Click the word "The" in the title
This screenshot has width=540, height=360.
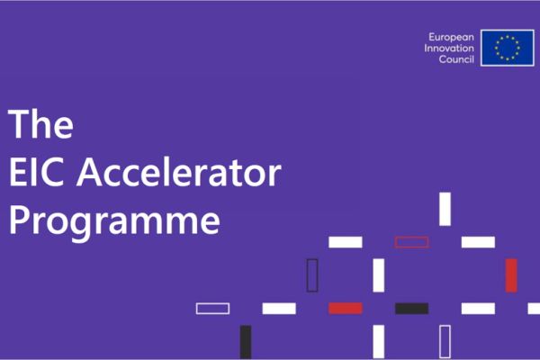40,123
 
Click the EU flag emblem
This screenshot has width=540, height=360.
507,48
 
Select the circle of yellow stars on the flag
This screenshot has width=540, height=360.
507,48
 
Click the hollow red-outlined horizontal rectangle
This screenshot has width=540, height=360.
411,242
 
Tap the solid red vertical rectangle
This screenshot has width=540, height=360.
511,274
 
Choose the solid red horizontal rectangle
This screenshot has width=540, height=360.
345,308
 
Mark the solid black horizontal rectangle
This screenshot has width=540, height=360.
411,308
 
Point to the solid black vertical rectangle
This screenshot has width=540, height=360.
246,342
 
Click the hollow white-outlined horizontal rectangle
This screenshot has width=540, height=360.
212,308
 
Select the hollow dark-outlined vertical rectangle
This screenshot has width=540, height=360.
312,274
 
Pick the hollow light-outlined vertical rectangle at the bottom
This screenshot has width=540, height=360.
445,342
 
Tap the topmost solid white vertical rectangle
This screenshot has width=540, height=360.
445,209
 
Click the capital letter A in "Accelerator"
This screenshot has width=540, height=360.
108,173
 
